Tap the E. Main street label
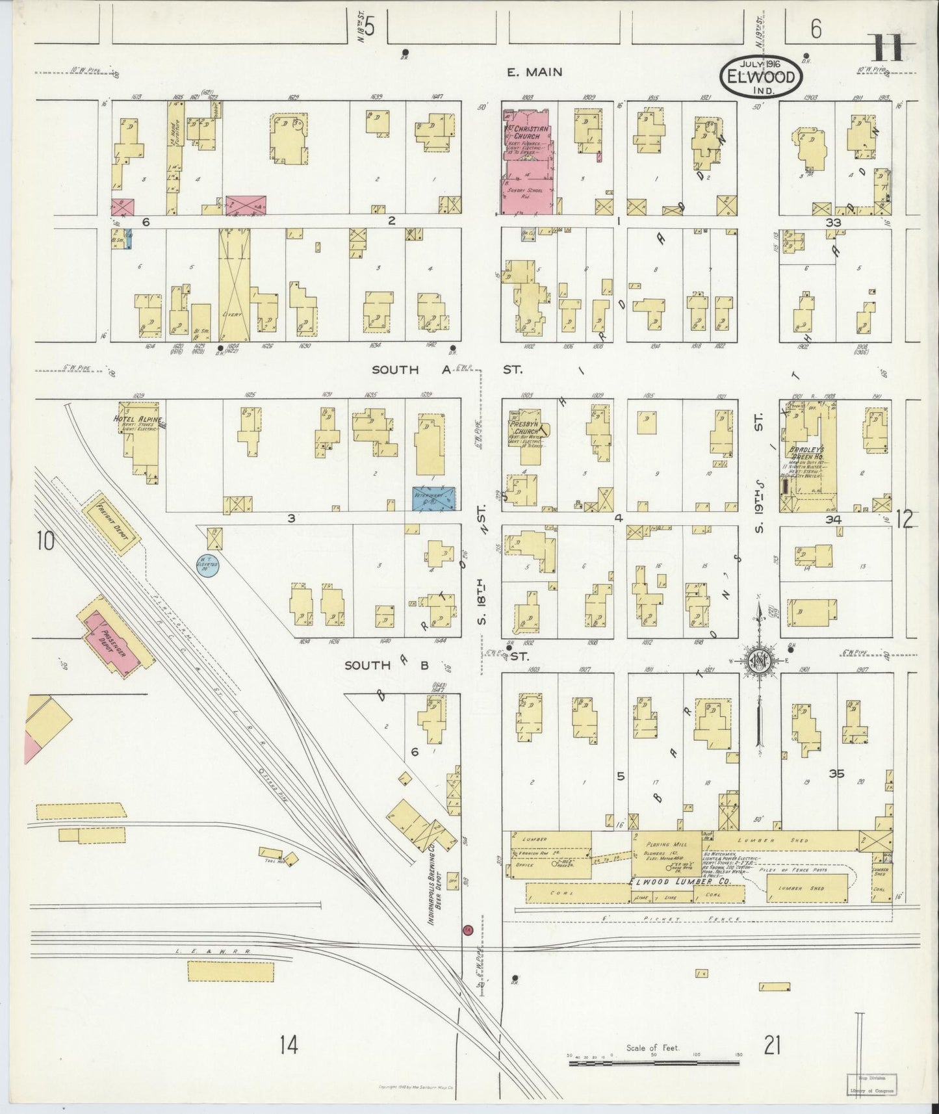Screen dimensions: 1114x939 [x=535, y=72]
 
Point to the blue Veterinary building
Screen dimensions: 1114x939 [x=434, y=497]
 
